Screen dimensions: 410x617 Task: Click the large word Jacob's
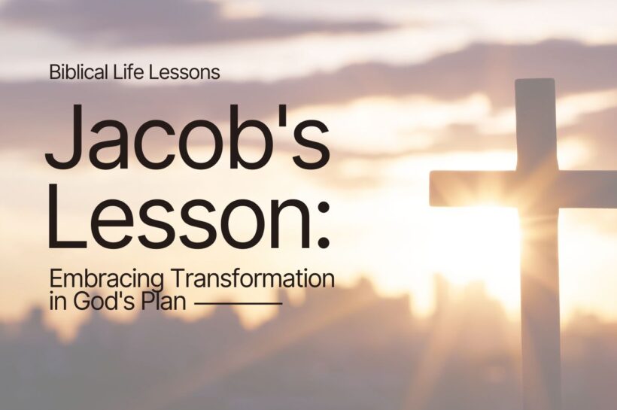[187, 136]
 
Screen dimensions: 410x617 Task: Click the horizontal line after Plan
[238, 304]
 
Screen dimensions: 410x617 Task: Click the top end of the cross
[536, 87]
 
